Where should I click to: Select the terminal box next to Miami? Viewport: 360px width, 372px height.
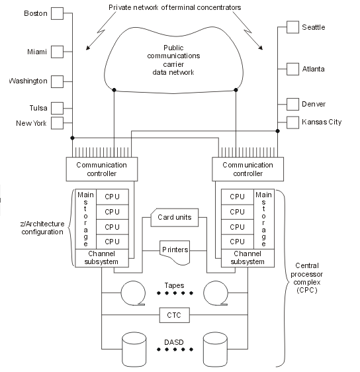click(57, 50)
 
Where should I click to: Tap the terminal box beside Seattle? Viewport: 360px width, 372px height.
click(292, 27)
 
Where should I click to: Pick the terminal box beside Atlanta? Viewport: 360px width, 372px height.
click(292, 68)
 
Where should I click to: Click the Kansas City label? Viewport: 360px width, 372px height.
click(322, 122)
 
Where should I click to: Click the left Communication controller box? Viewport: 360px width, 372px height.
click(101, 169)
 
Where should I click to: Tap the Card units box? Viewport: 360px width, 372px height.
click(175, 217)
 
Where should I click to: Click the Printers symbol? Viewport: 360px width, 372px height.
click(175, 251)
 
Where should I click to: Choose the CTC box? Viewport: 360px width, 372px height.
click(175, 315)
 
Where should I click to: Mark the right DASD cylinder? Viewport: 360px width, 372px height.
click(218, 349)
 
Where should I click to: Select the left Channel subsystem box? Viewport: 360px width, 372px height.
click(101, 258)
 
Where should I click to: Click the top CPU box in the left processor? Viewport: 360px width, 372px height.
click(112, 197)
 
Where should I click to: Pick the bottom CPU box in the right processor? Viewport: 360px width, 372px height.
click(237, 241)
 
